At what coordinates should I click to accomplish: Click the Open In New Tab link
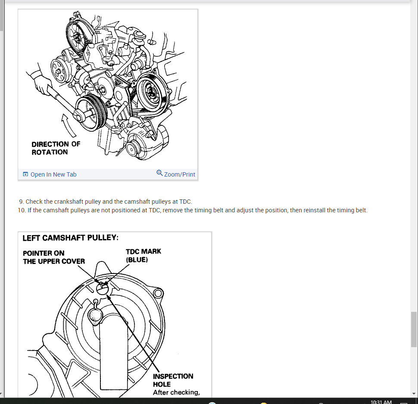tap(53, 174)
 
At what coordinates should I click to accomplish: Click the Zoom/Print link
tap(179, 174)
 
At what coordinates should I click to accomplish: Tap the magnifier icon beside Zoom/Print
tap(159, 173)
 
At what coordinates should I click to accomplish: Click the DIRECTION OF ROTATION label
tap(56, 148)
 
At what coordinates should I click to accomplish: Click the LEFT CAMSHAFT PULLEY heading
tap(70, 238)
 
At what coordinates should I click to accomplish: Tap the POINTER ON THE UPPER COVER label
tap(53, 257)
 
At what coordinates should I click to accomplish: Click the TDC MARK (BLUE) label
tap(143, 255)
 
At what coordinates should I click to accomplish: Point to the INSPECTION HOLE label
tap(173, 380)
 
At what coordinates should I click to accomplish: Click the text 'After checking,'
tap(176, 392)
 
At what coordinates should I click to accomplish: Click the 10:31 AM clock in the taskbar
tap(381, 402)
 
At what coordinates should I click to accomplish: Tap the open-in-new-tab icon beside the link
tap(25, 174)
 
